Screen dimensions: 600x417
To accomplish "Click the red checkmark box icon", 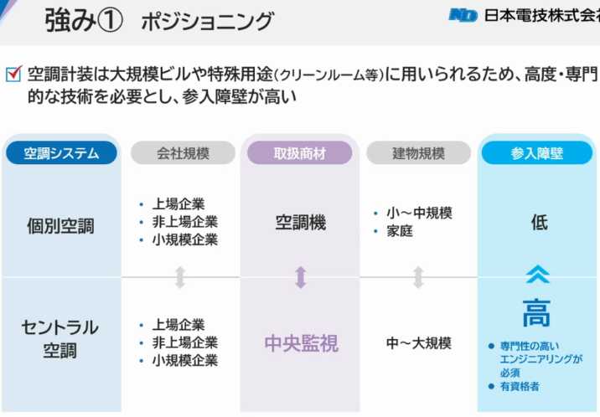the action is (x=13, y=74).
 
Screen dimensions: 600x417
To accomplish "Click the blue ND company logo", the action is (x=463, y=16).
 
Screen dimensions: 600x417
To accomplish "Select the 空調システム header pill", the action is (x=61, y=153).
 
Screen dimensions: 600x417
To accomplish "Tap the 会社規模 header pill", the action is (x=183, y=153).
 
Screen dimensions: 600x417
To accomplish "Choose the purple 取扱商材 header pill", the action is (x=300, y=153).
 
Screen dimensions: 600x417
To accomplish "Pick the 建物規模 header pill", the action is (x=419, y=153).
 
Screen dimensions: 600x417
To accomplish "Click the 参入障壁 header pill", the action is (x=537, y=153).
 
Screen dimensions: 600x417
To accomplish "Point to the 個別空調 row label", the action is (x=60, y=225).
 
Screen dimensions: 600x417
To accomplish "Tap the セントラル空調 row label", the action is (x=60, y=338).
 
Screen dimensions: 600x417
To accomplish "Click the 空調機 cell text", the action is (x=301, y=223).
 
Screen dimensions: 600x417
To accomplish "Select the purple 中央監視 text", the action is (x=302, y=342).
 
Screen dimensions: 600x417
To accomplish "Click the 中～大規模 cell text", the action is (x=419, y=342).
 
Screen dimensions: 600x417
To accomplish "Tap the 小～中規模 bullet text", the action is (x=419, y=213).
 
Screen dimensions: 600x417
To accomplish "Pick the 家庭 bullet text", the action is (x=400, y=231).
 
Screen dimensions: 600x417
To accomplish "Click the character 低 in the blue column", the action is (x=539, y=223).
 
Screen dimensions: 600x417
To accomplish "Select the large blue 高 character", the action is (x=536, y=313).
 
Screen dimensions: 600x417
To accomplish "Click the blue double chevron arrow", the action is (x=538, y=274).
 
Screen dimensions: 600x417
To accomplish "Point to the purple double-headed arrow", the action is (x=301, y=277).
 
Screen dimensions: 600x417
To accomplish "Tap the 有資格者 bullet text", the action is (x=520, y=386).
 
